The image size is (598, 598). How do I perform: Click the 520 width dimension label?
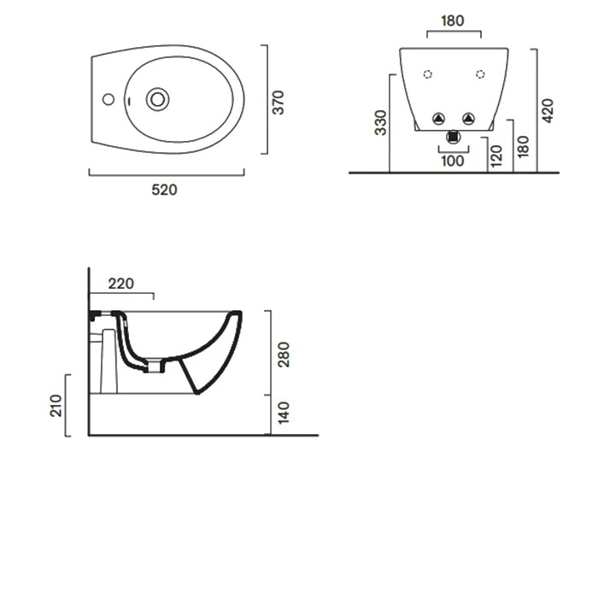[x=164, y=190]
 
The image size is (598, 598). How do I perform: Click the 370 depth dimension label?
[x=278, y=103]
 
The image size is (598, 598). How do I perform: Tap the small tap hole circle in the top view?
[x=108, y=99]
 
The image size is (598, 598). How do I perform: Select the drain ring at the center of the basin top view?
[x=157, y=99]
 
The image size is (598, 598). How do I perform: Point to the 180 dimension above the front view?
[x=453, y=21]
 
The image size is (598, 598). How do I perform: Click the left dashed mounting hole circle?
[x=427, y=74]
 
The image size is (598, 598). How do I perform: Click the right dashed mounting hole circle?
[x=480, y=74]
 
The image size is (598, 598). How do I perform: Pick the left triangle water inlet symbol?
[x=438, y=119]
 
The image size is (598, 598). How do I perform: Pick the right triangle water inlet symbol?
[x=469, y=119]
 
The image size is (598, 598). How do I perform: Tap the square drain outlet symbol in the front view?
[x=454, y=137]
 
